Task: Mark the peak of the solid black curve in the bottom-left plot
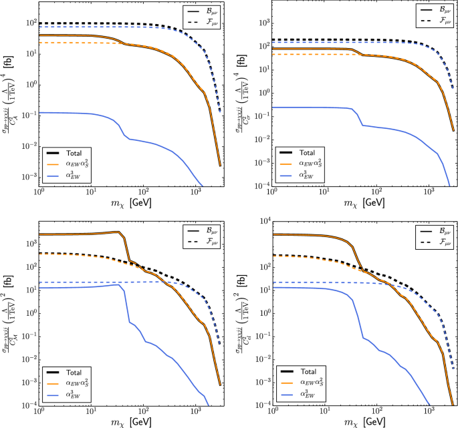(x=118, y=232)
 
